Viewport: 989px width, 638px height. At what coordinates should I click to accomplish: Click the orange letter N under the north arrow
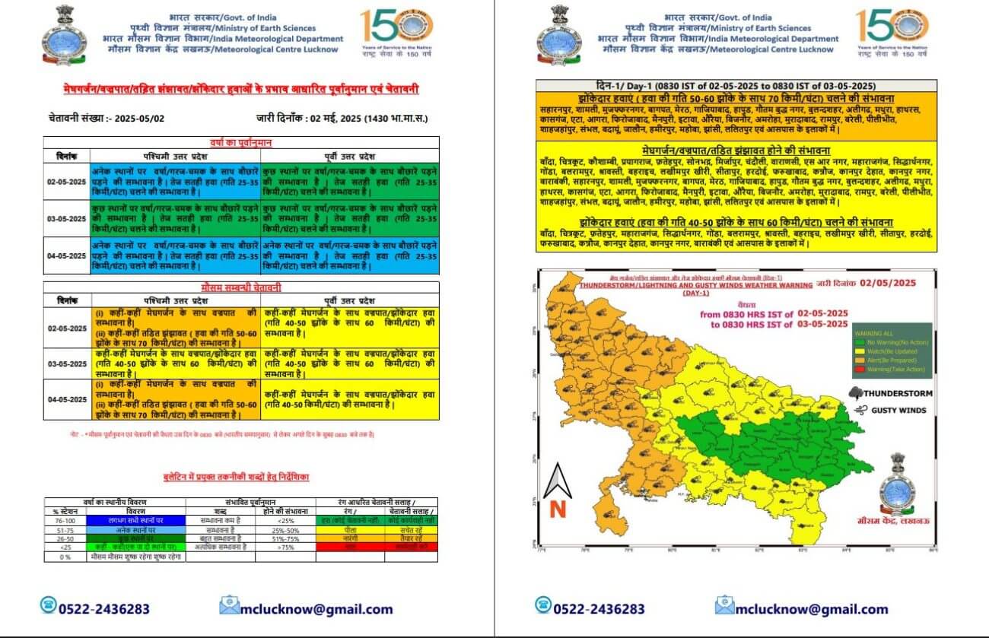[558, 509]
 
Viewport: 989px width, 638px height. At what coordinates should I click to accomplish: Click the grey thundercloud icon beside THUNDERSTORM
[856, 394]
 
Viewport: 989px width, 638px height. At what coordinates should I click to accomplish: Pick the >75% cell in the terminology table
[285, 547]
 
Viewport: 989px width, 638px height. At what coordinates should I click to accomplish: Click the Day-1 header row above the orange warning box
[736, 85]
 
